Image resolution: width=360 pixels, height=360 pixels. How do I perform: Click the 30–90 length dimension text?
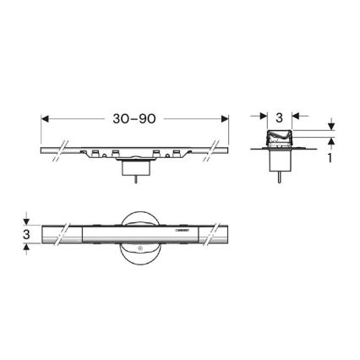135,119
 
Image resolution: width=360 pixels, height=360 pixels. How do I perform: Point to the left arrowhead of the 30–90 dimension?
45,119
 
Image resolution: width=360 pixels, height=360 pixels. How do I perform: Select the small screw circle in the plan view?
137,249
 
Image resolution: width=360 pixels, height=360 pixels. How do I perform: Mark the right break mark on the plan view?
215,234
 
